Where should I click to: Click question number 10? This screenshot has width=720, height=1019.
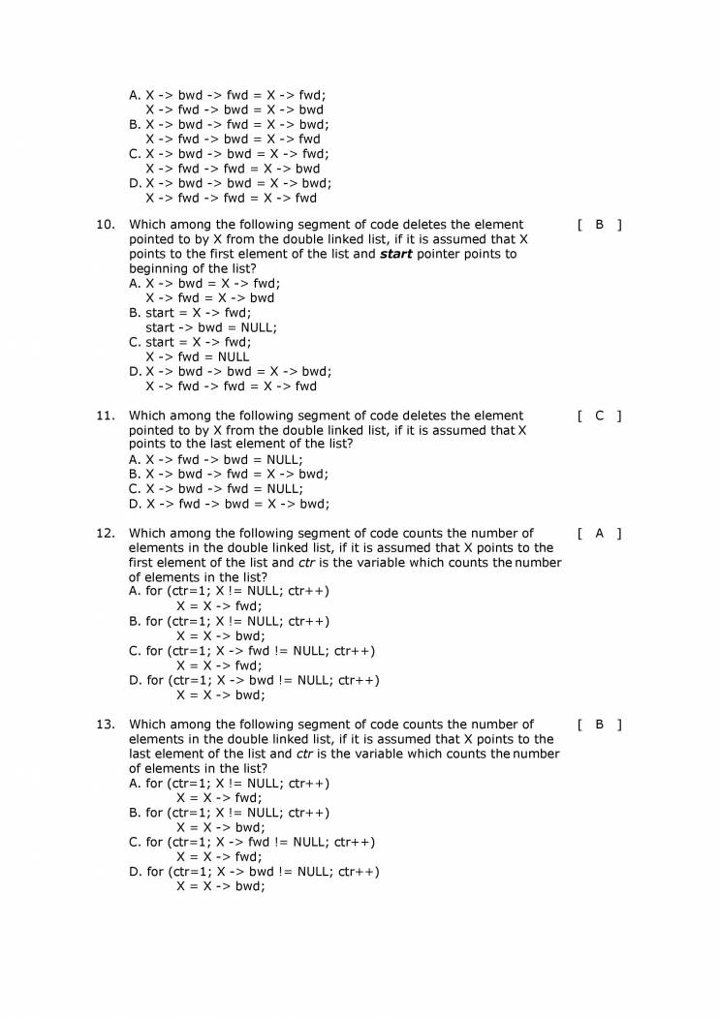(106, 225)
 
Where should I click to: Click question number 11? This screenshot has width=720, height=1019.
(106, 416)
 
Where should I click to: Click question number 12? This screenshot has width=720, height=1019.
(106, 533)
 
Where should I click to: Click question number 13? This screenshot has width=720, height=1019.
(106, 724)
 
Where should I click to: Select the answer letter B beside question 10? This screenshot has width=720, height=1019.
(599, 225)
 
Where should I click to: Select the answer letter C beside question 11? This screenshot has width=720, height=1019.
(599, 416)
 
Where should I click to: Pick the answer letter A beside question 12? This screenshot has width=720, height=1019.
(599, 533)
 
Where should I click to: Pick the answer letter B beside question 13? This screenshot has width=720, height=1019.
(599, 724)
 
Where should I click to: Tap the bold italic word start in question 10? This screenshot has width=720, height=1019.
(395, 255)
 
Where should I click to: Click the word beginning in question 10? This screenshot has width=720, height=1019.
(161, 269)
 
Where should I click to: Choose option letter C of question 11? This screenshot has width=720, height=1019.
(135, 489)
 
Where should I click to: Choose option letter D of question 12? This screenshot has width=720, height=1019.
(135, 680)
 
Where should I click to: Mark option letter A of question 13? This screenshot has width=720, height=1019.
(134, 784)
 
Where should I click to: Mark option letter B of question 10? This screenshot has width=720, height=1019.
(135, 313)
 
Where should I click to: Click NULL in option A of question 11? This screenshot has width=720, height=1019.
(283, 460)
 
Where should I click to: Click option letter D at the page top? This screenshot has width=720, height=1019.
(135, 183)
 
